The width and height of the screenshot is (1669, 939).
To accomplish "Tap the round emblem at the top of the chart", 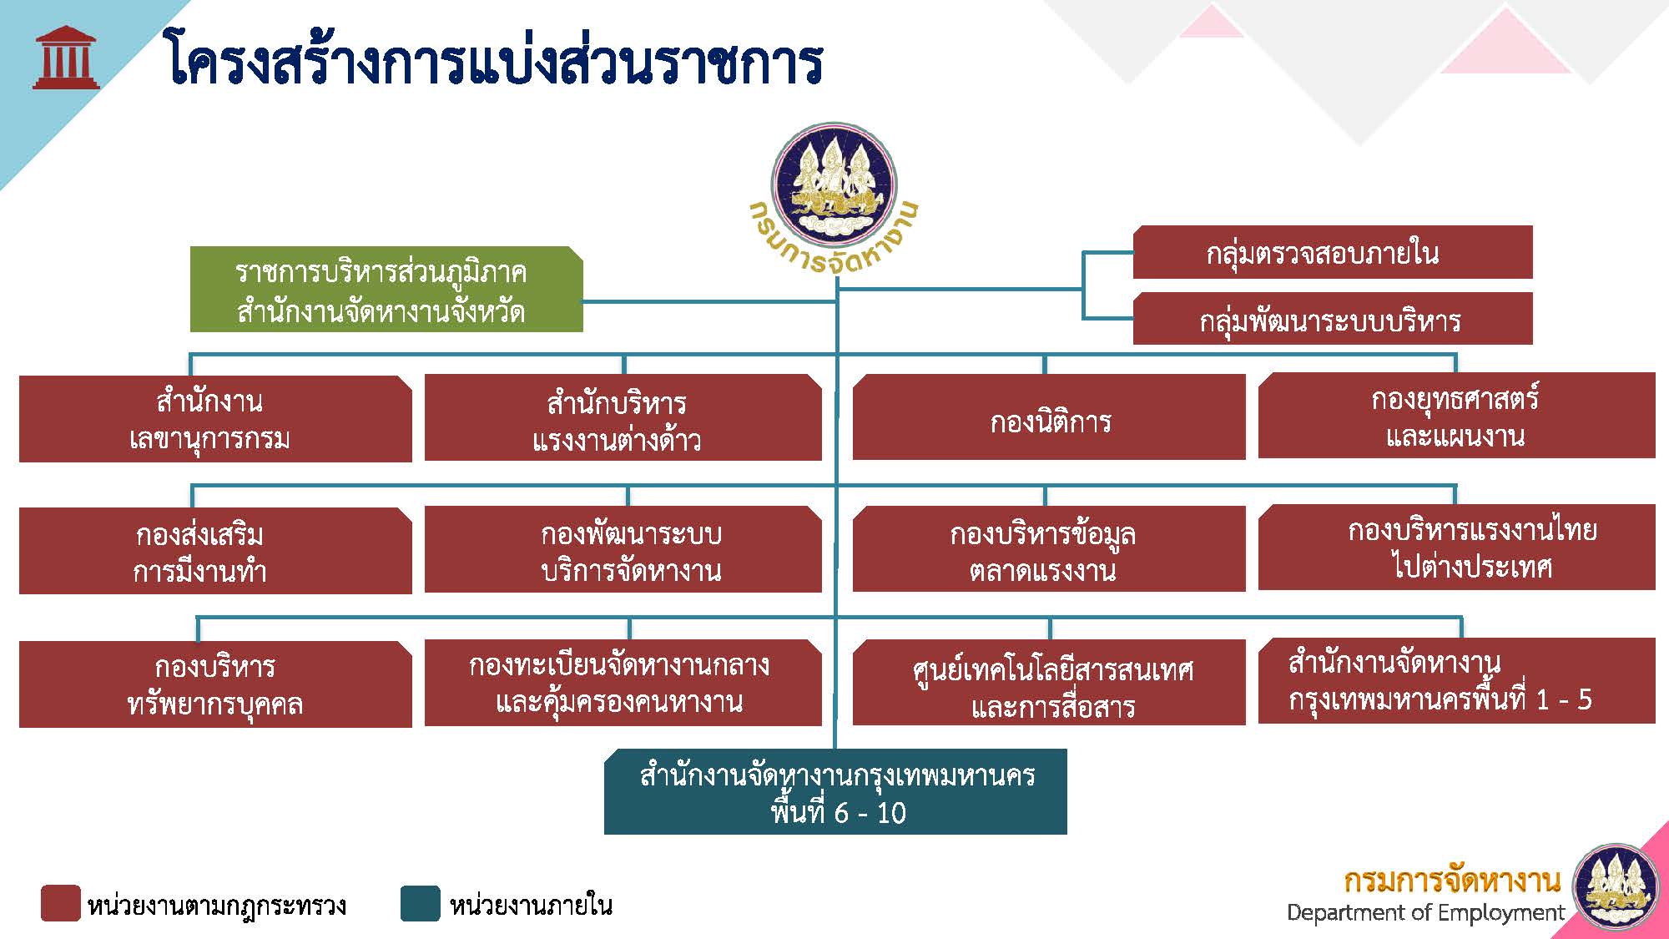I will point(834,184).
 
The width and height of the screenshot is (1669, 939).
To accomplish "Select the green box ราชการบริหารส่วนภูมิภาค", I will point(386,290).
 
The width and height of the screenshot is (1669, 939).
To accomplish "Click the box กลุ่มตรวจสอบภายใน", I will point(1332,252).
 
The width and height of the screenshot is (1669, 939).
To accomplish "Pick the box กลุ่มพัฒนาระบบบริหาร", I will point(1332,319).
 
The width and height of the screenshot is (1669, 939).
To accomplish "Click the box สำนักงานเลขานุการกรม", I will point(214,419).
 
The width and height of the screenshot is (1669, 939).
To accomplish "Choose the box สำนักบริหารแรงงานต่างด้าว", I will point(622,419).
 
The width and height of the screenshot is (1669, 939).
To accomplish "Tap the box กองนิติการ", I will point(1048,419).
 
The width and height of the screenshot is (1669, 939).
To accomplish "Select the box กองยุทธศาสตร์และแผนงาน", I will point(1455,416).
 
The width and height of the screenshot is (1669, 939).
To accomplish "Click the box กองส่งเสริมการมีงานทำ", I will point(214,551).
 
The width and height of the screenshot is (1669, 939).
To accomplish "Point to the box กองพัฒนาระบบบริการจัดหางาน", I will point(622,551).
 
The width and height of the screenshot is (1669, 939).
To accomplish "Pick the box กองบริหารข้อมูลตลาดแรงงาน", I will point(1048,551).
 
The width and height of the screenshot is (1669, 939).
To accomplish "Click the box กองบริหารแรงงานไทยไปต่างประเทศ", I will point(1455,548).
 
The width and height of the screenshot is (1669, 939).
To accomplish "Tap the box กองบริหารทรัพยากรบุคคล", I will point(214,684).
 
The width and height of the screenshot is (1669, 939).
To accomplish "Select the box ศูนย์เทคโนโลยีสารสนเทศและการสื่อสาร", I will point(1048,684).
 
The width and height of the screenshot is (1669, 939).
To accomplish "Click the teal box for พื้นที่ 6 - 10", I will point(835,792).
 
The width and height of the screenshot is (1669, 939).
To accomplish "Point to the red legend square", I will point(61,904).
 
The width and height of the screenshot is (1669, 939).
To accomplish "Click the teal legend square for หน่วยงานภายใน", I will point(420,904).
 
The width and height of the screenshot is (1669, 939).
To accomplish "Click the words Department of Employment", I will point(1425,912).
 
